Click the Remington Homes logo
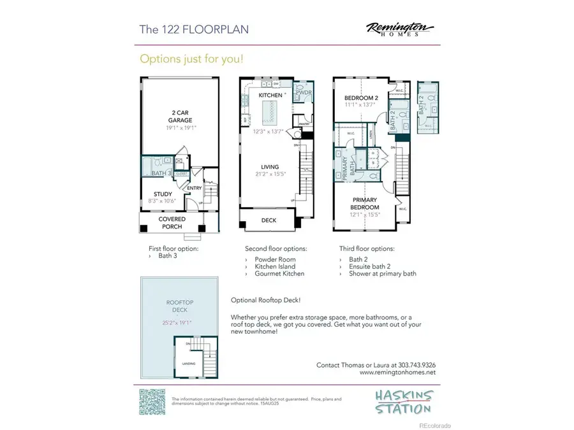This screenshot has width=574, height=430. coord(400,29)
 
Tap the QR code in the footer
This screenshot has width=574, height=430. coord(152,401)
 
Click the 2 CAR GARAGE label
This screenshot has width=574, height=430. coord(177,116)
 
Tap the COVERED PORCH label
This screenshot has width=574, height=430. coord(172,222)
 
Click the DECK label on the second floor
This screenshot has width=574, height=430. coord(269,220)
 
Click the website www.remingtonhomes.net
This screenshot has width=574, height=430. coord(397,372)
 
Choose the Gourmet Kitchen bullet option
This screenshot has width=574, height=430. coord(279,273)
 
